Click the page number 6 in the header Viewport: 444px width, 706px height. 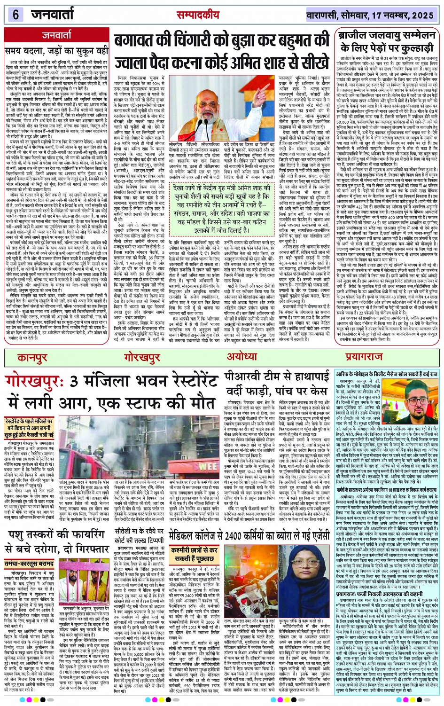[16, 15]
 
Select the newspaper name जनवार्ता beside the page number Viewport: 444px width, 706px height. [51, 15]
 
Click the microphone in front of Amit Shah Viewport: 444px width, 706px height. [221, 101]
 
